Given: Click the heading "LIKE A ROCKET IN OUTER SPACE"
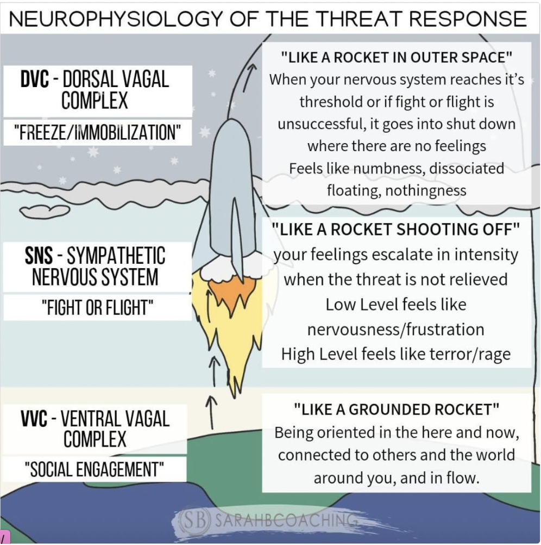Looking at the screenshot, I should pyautogui.click(x=397, y=57).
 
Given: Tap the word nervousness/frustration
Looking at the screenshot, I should pyautogui.click(x=395, y=330).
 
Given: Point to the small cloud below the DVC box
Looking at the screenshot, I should pyautogui.click(x=45, y=210).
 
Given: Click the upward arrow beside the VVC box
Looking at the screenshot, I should pyautogui.click(x=211, y=411).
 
